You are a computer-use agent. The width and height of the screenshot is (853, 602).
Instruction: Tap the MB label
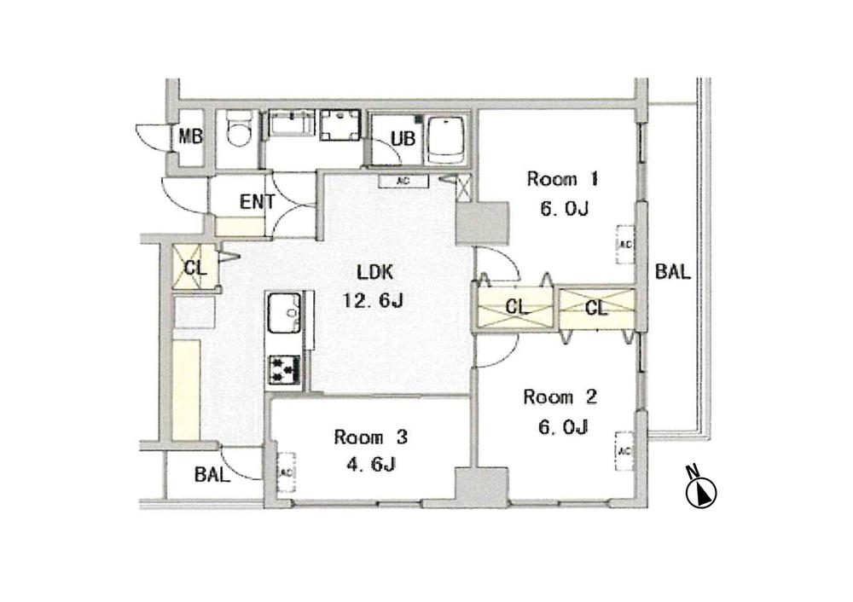pyautogui.click(x=190, y=136)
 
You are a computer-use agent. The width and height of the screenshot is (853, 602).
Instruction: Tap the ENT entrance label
pyautogui.click(x=256, y=202)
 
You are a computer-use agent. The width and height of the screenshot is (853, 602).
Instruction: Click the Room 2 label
pyautogui.click(x=558, y=398)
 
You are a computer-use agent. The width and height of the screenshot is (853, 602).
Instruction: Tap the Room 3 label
pyautogui.click(x=371, y=438)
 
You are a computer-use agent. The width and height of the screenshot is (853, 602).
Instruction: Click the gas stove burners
pyautogui.click(x=283, y=368)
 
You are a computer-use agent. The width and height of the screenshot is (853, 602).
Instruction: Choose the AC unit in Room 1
pyautogui.click(x=624, y=243)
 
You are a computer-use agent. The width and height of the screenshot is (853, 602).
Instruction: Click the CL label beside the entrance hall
pyautogui.click(x=194, y=267)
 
